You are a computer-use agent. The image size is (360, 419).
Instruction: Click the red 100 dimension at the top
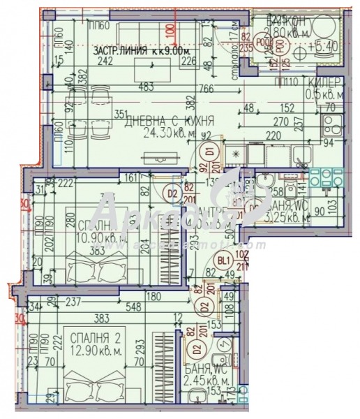click(x=170, y=31)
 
